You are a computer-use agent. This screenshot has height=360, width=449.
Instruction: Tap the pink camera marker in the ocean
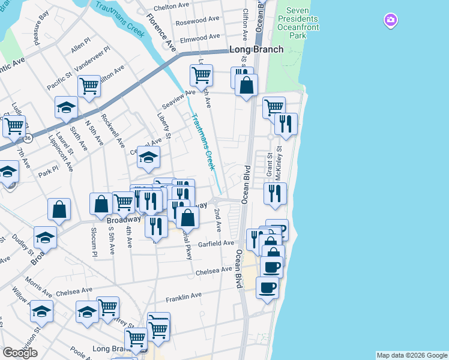point(391,21)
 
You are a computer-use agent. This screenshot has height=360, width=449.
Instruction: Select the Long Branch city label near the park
point(256,49)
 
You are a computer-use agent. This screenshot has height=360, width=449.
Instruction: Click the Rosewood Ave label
point(197,19)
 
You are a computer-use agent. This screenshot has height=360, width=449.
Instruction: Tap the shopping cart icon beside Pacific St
point(89,85)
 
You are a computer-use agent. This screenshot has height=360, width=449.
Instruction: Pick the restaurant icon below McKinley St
point(275,193)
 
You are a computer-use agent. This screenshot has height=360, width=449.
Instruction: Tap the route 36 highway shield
point(28,138)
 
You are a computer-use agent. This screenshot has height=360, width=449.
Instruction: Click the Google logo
point(20,353)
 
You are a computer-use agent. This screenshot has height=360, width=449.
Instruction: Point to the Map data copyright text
point(412,355)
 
